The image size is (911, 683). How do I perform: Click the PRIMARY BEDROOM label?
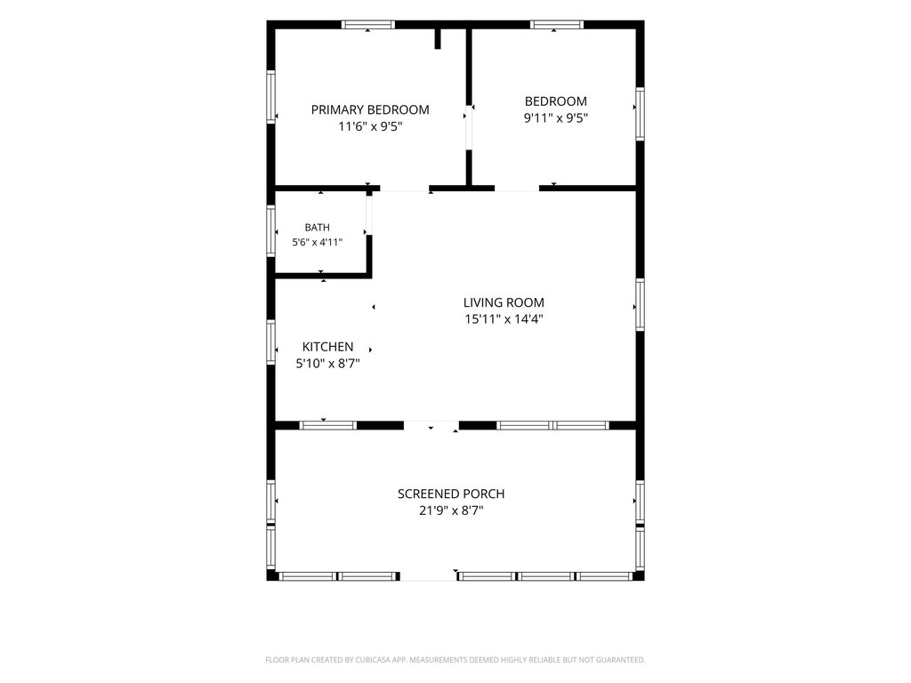[370, 109]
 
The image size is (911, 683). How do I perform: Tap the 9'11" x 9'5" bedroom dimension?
[556, 118]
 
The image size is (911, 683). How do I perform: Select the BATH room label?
[318, 228]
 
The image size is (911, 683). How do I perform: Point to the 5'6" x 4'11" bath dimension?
[318, 242]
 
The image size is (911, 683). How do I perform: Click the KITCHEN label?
[327, 347]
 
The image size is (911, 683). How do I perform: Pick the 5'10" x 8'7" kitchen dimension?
[327, 364]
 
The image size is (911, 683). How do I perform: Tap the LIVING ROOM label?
[504, 302]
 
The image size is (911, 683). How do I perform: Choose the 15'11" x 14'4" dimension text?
[504, 319]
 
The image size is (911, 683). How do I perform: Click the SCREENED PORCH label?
[451, 494]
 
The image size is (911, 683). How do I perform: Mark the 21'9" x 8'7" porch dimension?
[451, 510]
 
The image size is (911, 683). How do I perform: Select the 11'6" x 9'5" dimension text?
[370, 126]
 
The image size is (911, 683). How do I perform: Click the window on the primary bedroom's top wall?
[367, 24]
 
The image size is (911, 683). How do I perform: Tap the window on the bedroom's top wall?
[557, 24]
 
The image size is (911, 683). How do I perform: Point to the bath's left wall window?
[270, 230]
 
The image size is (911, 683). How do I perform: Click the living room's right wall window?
[640, 305]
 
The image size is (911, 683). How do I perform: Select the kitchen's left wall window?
[270, 342]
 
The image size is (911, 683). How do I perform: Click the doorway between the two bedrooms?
[468, 128]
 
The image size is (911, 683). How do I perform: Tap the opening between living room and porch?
[431, 425]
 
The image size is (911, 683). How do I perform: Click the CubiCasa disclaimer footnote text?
[455, 660]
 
